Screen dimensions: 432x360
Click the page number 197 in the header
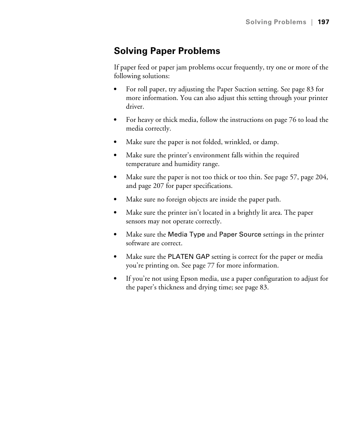tap(323, 22)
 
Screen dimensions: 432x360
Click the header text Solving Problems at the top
tap(276, 22)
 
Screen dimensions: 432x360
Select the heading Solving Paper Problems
tap(167, 51)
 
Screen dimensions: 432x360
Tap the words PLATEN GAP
tap(189, 257)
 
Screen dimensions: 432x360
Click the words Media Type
tap(186, 235)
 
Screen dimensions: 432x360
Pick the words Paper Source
tap(240, 235)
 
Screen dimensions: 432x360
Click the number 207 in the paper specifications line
tap(158, 186)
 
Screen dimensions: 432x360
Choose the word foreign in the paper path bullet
tap(177, 199)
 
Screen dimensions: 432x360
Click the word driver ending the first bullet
tap(134, 107)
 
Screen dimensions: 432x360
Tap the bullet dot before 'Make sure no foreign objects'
tap(115, 200)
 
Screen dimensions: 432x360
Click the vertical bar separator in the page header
tap(312, 22)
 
